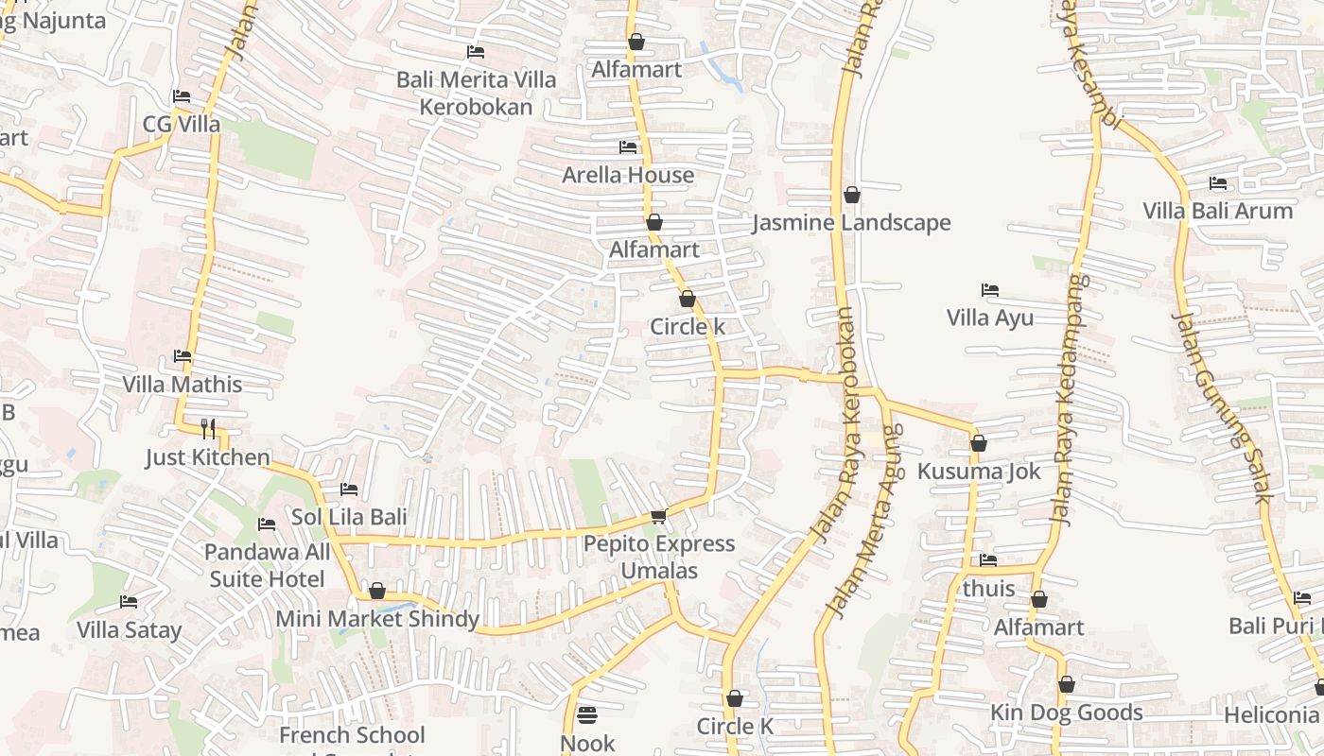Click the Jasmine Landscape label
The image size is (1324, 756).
point(851,223)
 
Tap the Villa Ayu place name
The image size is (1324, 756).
point(990,318)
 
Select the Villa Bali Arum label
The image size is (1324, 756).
point(1217,211)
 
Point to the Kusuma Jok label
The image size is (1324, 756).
point(979,471)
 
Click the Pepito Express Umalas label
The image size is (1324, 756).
point(659,557)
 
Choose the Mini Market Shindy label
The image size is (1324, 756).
point(377,619)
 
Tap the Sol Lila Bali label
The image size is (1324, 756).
point(349,517)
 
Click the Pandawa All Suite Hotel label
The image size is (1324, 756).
point(268,565)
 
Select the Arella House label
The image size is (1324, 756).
point(628,175)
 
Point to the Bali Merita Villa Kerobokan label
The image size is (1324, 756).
point(476,93)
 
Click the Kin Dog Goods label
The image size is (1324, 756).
point(1066,713)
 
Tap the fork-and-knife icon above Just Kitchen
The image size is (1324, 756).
point(208,429)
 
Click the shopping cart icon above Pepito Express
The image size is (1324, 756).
point(659,516)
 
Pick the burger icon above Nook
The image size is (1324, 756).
point(587,714)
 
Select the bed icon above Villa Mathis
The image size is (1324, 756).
point(183,356)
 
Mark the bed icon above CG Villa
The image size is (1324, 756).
point(182,96)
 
